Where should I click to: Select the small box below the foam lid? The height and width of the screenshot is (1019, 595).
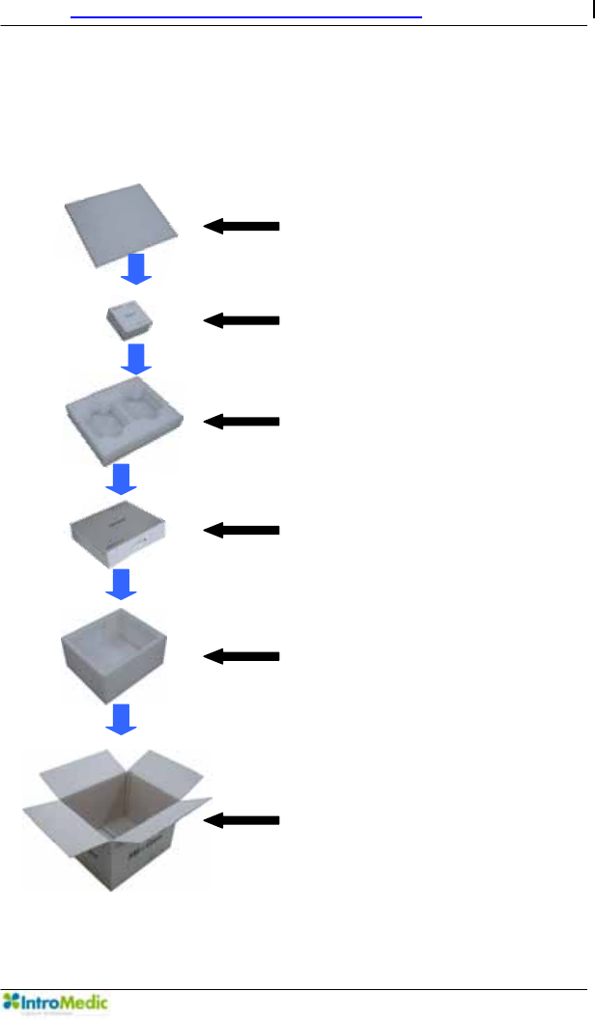[x=131, y=321]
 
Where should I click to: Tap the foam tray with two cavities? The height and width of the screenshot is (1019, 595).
[x=122, y=421]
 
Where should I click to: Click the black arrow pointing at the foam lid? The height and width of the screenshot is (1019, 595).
[x=241, y=226]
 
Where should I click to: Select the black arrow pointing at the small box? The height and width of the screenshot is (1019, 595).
[x=241, y=320]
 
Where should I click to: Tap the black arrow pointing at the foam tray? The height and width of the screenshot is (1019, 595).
[x=241, y=421]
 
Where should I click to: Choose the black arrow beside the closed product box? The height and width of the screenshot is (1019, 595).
[x=241, y=530]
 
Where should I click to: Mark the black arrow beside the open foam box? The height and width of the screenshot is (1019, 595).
[x=241, y=656]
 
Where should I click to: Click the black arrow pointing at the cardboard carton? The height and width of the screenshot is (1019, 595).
[x=241, y=820]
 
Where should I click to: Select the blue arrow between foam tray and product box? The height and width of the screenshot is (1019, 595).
[x=122, y=477]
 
